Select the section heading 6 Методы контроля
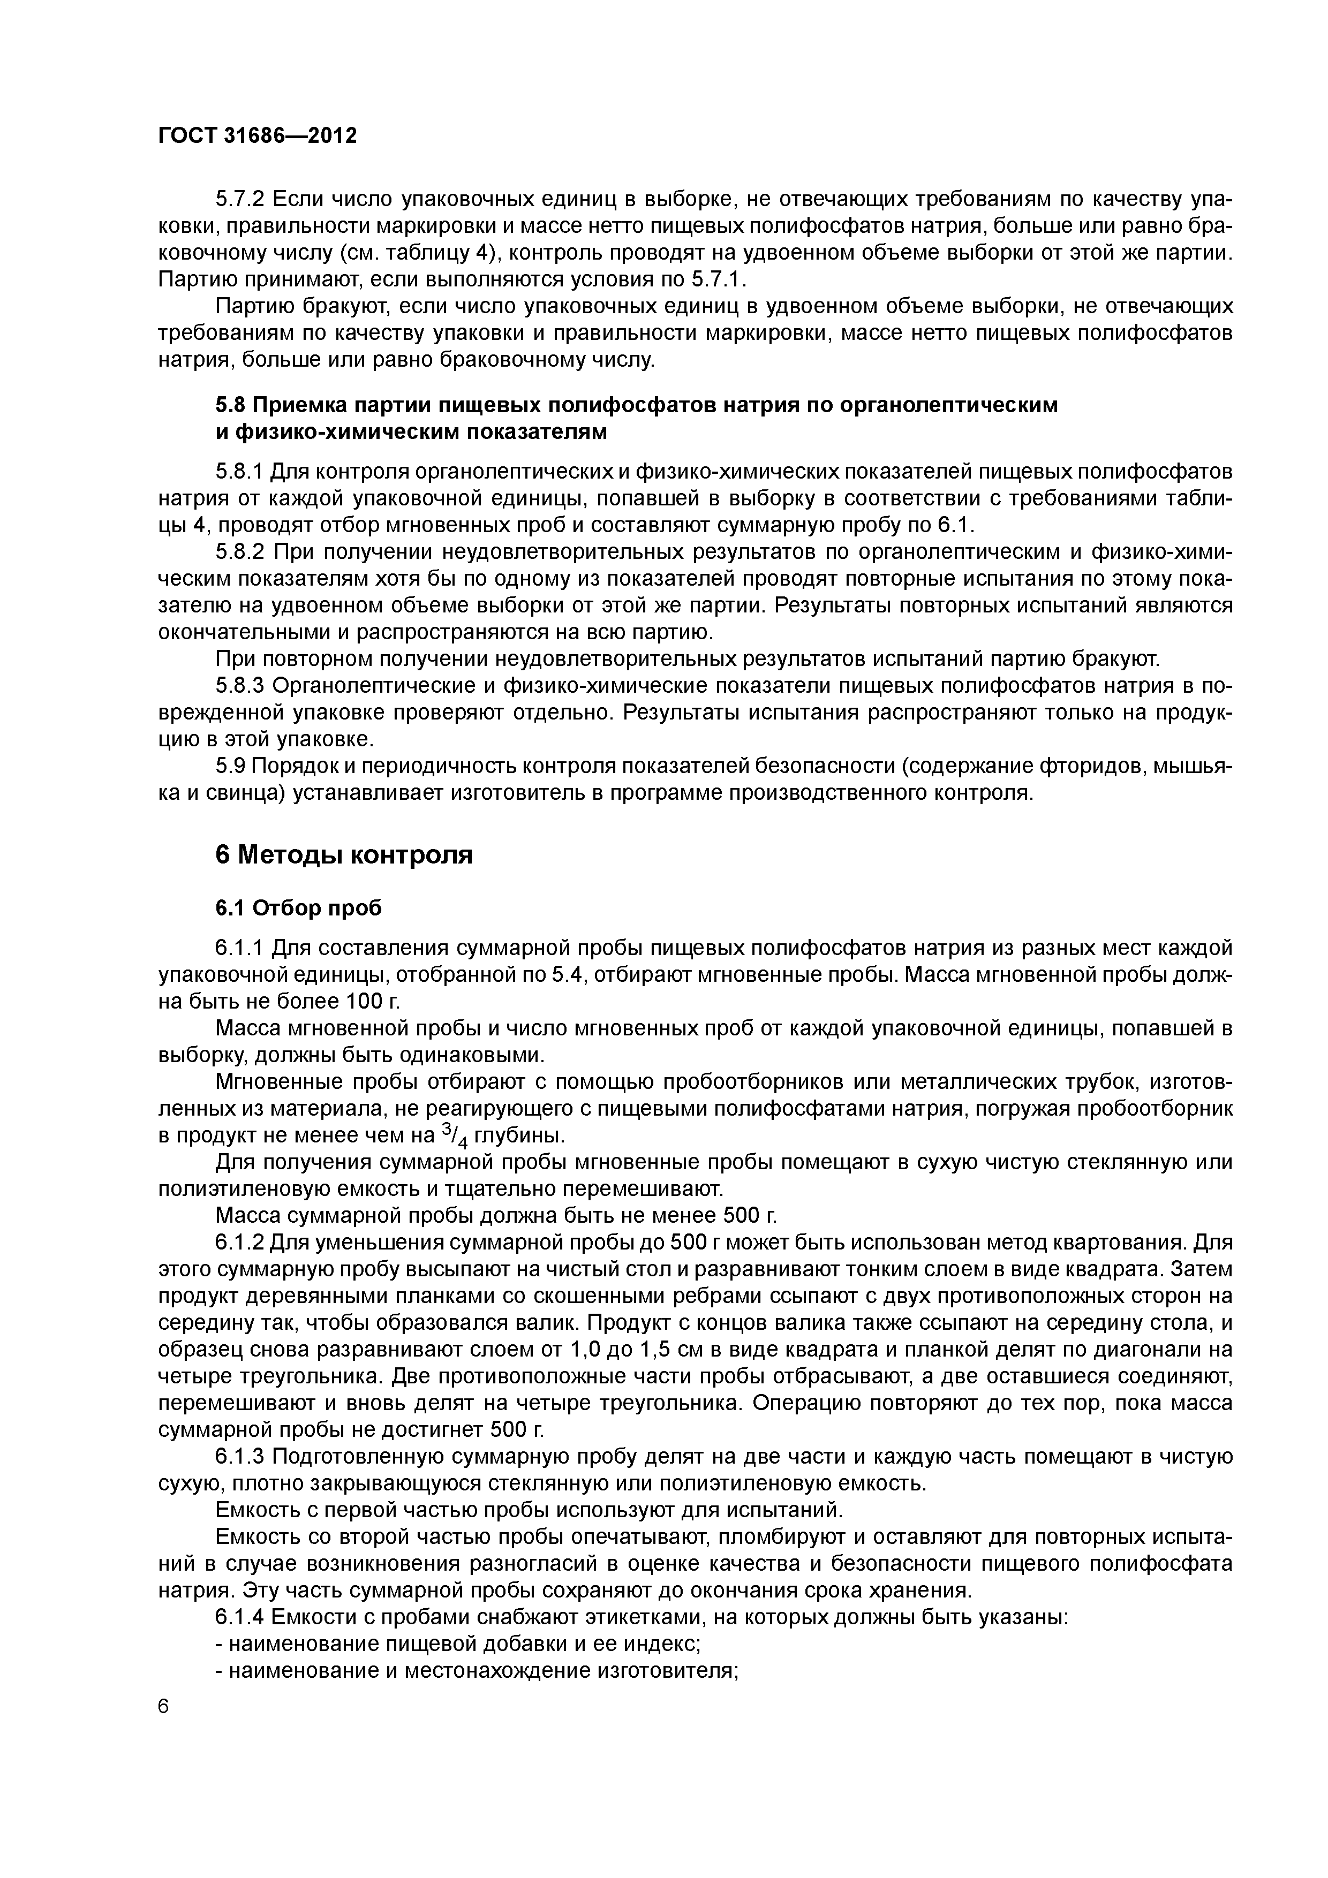[x=344, y=855]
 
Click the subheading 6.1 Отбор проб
[x=299, y=908]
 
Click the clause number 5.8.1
[x=240, y=472]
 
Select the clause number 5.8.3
[x=240, y=685]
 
